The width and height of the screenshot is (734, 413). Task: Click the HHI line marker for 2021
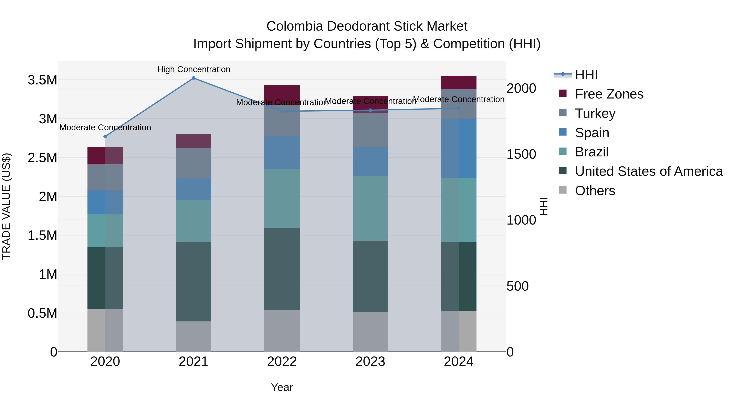[x=193, y=78]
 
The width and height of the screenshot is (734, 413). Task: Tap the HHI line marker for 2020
[x=105, y=136]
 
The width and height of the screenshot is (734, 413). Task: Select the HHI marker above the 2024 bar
[x=459, y=108]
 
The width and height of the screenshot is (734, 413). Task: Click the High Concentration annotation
[x=193, y=70]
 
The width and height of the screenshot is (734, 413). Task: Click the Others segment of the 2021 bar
[x=193, y=336]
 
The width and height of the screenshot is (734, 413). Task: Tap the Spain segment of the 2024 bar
[x=459, y=148]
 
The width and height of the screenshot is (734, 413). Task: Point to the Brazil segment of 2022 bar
[x=282, y=198]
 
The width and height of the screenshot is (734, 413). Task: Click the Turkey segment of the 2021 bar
[x=193, y=163]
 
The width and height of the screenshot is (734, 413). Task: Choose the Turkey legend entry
[x=595, y=113]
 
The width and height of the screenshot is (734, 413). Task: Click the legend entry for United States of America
[x=649, y=172]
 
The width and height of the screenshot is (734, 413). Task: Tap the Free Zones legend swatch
[x=563, y=93]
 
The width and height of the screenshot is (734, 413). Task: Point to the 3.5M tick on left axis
[x=42, y=80]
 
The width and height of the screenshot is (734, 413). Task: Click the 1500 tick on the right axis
[x=521, y=154]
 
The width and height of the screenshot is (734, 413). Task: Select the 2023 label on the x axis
[x=370, y=362]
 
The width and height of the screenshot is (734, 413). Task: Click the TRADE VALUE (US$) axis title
[x=6, y=206]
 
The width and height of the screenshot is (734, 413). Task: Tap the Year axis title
[x=282, y=387]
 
